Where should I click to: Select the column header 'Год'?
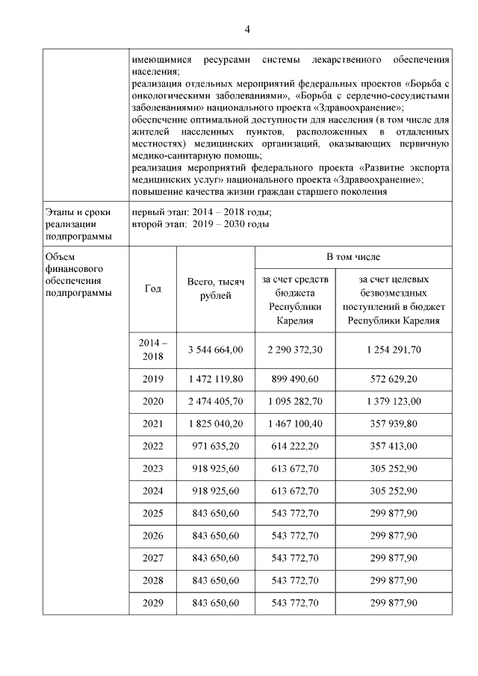click(x=152, y=289)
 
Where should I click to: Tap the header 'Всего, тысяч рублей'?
click(x=216, y=289)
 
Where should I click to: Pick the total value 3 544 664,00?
click(x=216, y=350)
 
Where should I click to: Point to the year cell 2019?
click(x=152, y=379)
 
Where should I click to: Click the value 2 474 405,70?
click(x=216, y=402)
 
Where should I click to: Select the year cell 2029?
click(x=152, y=602)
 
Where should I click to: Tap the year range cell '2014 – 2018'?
click(x=152, y=350)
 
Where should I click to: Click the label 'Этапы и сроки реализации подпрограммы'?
click(x=78, y=224)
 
